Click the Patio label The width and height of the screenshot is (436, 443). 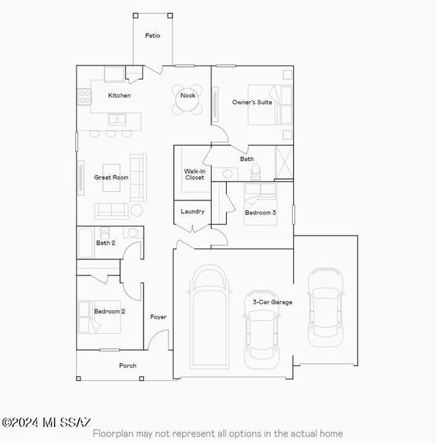pyautogui.click(x=152, y=36)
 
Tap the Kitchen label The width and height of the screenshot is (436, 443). pyautogui.click(x=119, y=95)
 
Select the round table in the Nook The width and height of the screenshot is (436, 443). pyautogui.click(x=188, y=100)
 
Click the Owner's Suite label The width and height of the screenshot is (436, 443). pyautogui.click(x=252, y=103)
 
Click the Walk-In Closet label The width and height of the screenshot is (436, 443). pyautogui.click(x=195, y=174)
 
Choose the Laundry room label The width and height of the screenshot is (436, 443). pyautogui.click(x=193, y=212)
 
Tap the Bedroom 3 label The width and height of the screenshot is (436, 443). pyautogui.click(x=260, y=212)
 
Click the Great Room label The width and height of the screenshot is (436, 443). pyautogui.click(x=111, y=178)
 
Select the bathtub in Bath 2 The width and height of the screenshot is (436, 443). pyautogui.click(x=85, y=243)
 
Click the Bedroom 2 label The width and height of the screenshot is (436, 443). pyautogui.click(x=109, y=312)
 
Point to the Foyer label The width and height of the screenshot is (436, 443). pyautogui.click(x=158, y=317)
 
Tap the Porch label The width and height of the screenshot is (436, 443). pyautogui.click(x=127, y=365)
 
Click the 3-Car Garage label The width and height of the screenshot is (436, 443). pyautogui.click(x=272, y=302)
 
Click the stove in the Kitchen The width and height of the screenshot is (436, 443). pyautogui.click(x=85, y=98)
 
